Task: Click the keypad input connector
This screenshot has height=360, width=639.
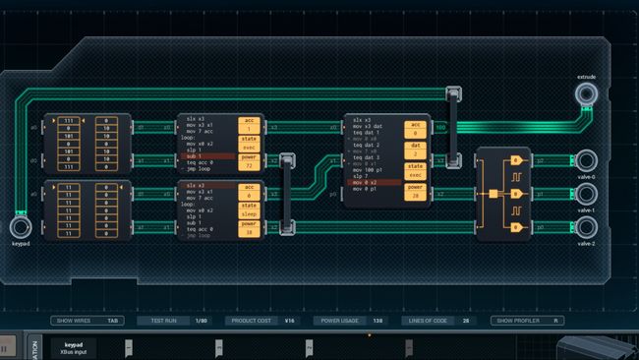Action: pyautogui.click(x=20, y=227)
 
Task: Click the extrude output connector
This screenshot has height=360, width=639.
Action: pyautogui.click(x=587, y=94)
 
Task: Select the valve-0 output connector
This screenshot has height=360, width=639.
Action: pyautogui.click(x=587, y=159)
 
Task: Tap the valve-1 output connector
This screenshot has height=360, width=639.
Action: pyautogui.click(x=587, y=194)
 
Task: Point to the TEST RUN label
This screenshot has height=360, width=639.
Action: pyautogui.click(x=157, y=321)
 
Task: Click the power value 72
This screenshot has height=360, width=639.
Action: pyautogui.click(x=250, y=165)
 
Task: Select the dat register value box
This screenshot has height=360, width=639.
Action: pyautogui.click(x=415, y=154)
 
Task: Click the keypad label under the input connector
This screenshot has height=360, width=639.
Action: pyautogui.click(x=20, y=244)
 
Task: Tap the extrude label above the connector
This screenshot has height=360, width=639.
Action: pyautogui.click(x=587, y=76)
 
